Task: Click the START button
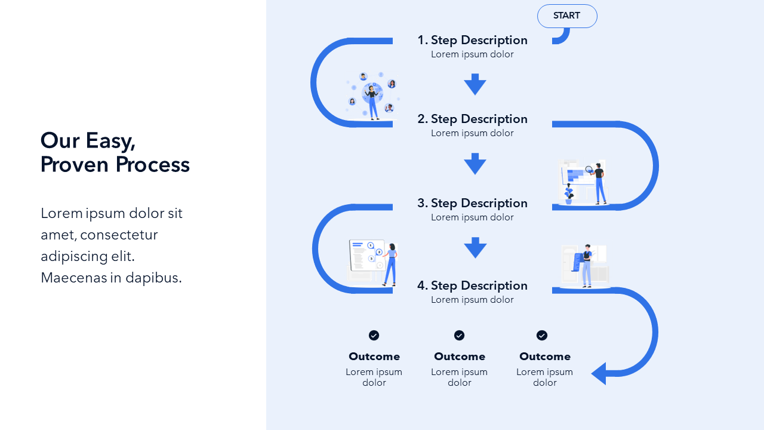[x=567, y=16]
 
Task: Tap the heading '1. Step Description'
[x=472, y=40]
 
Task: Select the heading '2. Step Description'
[x=472, y=119]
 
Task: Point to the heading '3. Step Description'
[x=472, y=203]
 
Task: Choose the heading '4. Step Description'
[x=472, y=285]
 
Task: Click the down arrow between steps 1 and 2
[x=475, y=84]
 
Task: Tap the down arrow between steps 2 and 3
[x=475, y=164]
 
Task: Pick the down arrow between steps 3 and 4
[x=475, y=247]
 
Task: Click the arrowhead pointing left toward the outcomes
[x=599, y=373]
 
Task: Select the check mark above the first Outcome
[x=374, y=336]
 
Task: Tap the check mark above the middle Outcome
[x=459, y=336]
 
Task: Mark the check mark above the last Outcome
[x=542, y=336]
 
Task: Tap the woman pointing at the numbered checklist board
[x=390, y=263]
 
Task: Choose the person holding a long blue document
[x=587, y=265]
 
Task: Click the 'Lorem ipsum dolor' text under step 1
[x=472, y=54]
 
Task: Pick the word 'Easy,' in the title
[x=110, y=140]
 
